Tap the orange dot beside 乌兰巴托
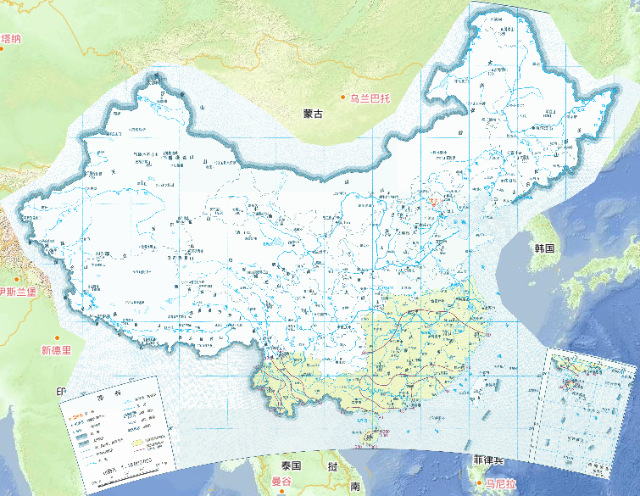coord(343,98)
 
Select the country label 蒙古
coord(313,114)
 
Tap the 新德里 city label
coord(57,349)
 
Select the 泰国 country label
coord(292,465)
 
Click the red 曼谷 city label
coord(281,482)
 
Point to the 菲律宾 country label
coord(488,460)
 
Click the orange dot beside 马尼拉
coord(479,483)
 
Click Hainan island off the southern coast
coord(366,434)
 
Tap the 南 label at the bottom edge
coord(355,487)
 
